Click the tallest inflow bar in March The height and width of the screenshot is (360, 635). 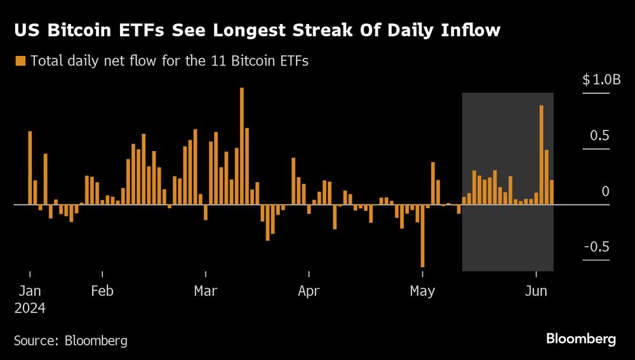[x=242, y=146]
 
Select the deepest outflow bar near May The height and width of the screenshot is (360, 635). [x=422, y=236]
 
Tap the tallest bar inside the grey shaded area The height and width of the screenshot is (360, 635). [x=541, y=155]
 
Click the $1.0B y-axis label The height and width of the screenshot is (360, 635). [x=600, y=80]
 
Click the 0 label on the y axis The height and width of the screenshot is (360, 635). [x=605, y=191]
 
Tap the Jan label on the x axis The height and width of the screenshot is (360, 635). [x=30, y=291]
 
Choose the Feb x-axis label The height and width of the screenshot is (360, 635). [x=102, y=291]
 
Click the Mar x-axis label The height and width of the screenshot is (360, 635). [x=205, y=291]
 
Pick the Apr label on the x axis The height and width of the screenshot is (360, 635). [x=309, y=291]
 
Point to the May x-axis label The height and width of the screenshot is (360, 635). [x=422, y=291]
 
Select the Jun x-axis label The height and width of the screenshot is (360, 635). [x=537, y=291]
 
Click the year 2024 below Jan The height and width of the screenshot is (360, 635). [x=30, y=308]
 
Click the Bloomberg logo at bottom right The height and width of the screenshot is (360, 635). [x=581, y=339]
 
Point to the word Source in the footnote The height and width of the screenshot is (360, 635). [x=36, y=341]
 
